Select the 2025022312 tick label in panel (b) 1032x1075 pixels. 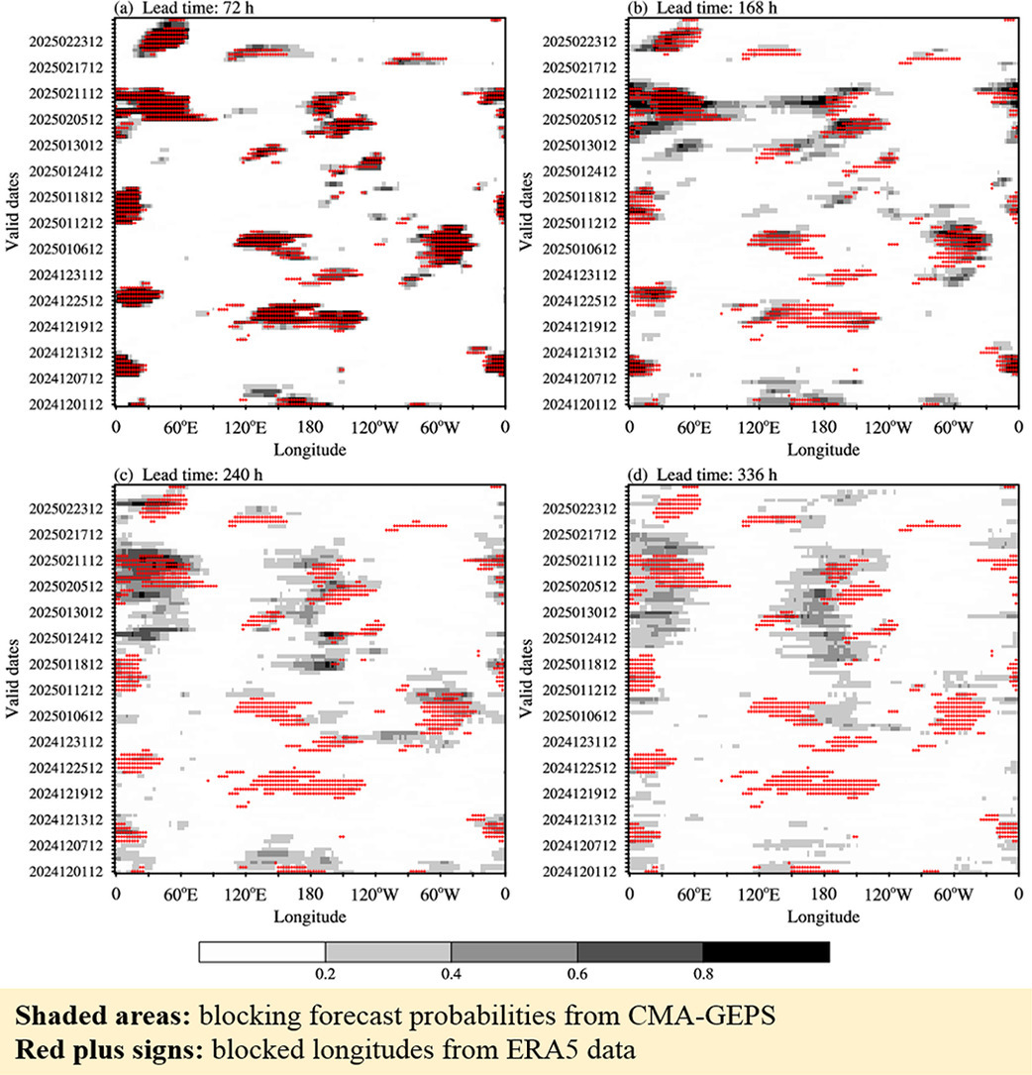584,43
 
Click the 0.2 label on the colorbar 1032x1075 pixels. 325,974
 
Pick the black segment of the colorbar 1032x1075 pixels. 766,952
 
